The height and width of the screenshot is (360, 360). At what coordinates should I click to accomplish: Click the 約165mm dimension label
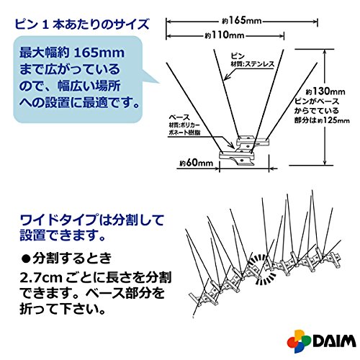(242, 21)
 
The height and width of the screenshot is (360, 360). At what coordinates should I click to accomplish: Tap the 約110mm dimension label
(225, 35)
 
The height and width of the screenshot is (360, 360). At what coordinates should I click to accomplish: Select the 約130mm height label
(325, 91)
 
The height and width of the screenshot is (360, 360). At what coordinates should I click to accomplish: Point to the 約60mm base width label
(197, 163)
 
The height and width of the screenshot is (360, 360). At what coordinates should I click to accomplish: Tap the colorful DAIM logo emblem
(299, 341)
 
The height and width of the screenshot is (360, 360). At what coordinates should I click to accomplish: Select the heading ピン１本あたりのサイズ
(82, 24)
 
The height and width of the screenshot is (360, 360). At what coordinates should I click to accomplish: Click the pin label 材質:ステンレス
(252, 64)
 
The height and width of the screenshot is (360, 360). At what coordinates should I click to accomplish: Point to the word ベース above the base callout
(179, 117)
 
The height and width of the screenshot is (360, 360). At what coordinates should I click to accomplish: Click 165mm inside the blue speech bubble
(99, 53)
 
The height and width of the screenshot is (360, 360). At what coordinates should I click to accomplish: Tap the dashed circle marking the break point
(262, 270)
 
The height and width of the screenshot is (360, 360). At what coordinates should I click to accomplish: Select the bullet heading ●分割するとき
(67, 258)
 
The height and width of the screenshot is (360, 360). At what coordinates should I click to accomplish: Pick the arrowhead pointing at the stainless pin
(227, 76)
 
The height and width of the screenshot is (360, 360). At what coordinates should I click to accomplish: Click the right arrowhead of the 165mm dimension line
(315, 22)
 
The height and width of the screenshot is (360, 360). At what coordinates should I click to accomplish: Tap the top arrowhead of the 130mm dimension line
(325, 52)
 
